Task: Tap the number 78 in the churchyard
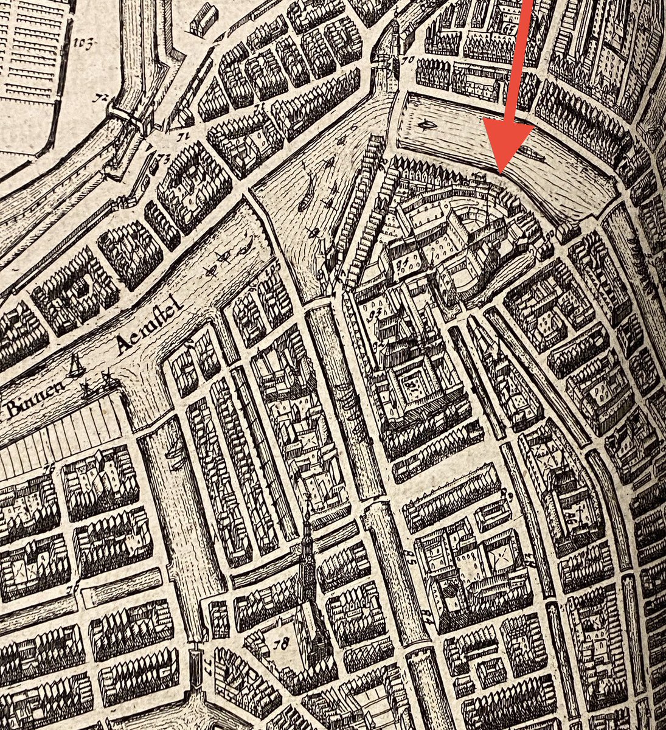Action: (280, 644)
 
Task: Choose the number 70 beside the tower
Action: (406, 60)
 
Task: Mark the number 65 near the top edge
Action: (510, 27)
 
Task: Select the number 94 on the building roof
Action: (401, 265)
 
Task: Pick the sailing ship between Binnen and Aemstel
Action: (77, 366)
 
